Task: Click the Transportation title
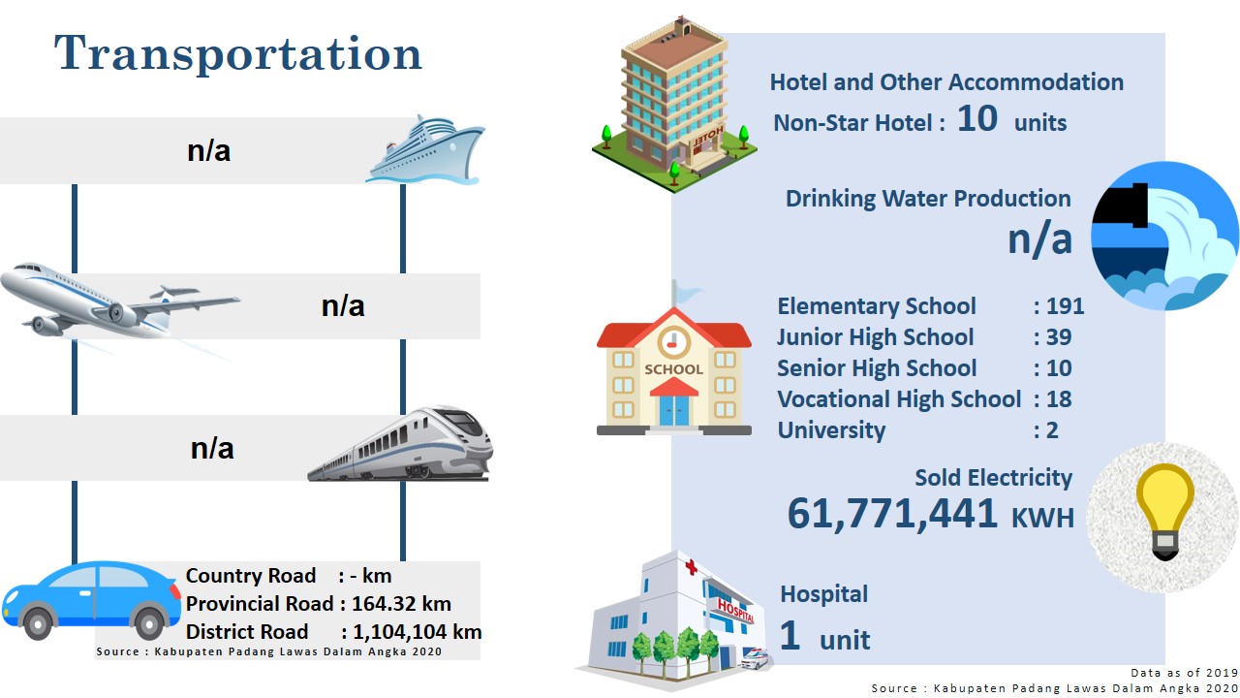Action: click(238, 53)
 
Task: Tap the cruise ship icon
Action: click(425, 149)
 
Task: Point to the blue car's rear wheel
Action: click(149, 622)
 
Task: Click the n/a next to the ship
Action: click(208, 150)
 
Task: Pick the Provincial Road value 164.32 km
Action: click(401, 603)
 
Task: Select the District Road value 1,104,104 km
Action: click(418, 631)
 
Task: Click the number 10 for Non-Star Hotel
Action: click(977, 118)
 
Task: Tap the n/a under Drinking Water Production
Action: click(1040, 239)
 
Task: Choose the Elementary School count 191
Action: click(1065, 305)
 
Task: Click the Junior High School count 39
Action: click(1059, 336)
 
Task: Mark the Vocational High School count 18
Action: click(1059, 398)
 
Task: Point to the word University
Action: click(831, 430)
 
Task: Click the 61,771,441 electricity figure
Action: click(892, 514)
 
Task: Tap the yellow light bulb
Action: click(1165, 511)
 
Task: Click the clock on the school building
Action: click(673, 342)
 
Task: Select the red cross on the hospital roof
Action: click(691, 567)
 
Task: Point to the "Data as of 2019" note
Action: click(1184, 673)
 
